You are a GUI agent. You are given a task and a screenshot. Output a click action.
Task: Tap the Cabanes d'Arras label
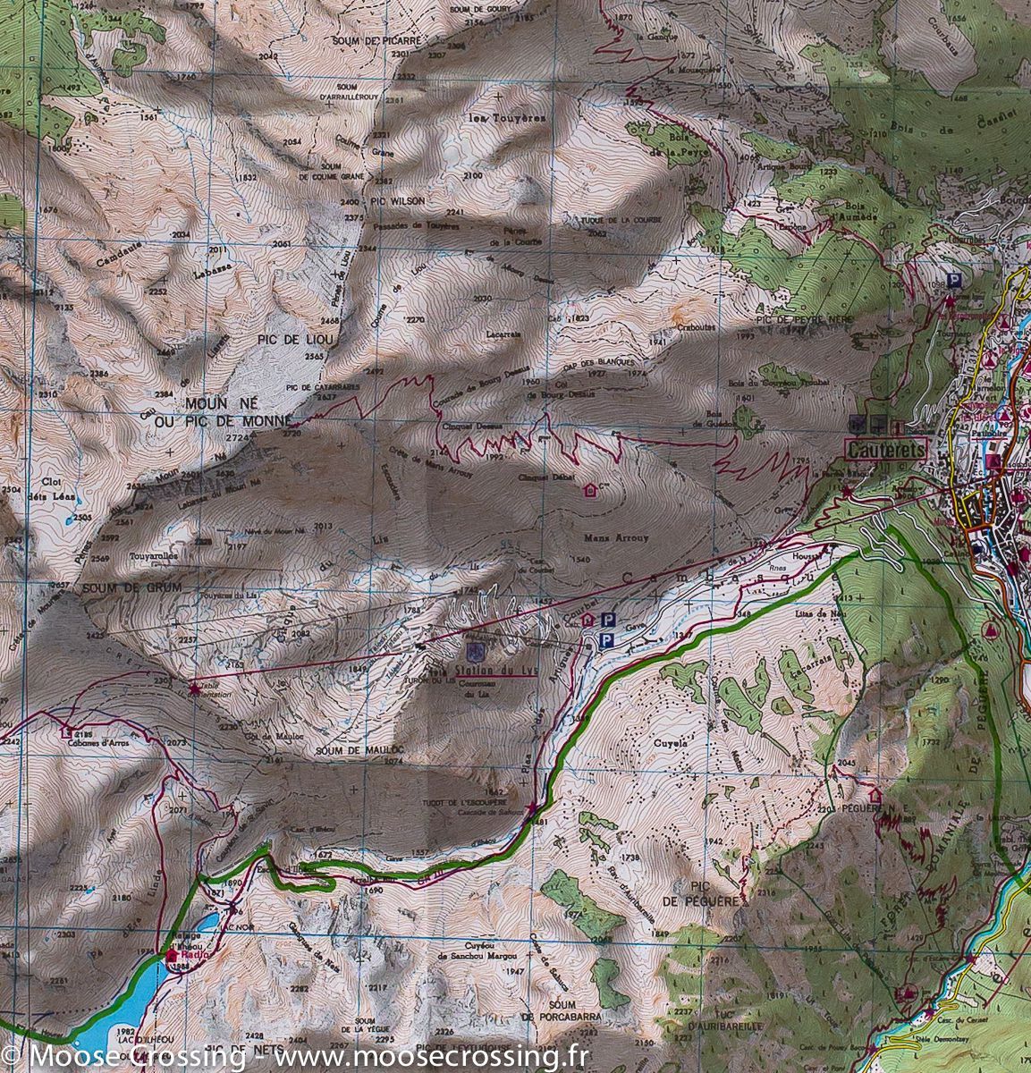coord(97,741)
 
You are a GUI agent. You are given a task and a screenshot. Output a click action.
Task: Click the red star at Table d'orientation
coord(195,689)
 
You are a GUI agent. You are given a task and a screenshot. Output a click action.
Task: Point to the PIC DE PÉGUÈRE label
coord(716,891)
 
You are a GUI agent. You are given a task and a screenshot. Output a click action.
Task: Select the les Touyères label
coord(494,117)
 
